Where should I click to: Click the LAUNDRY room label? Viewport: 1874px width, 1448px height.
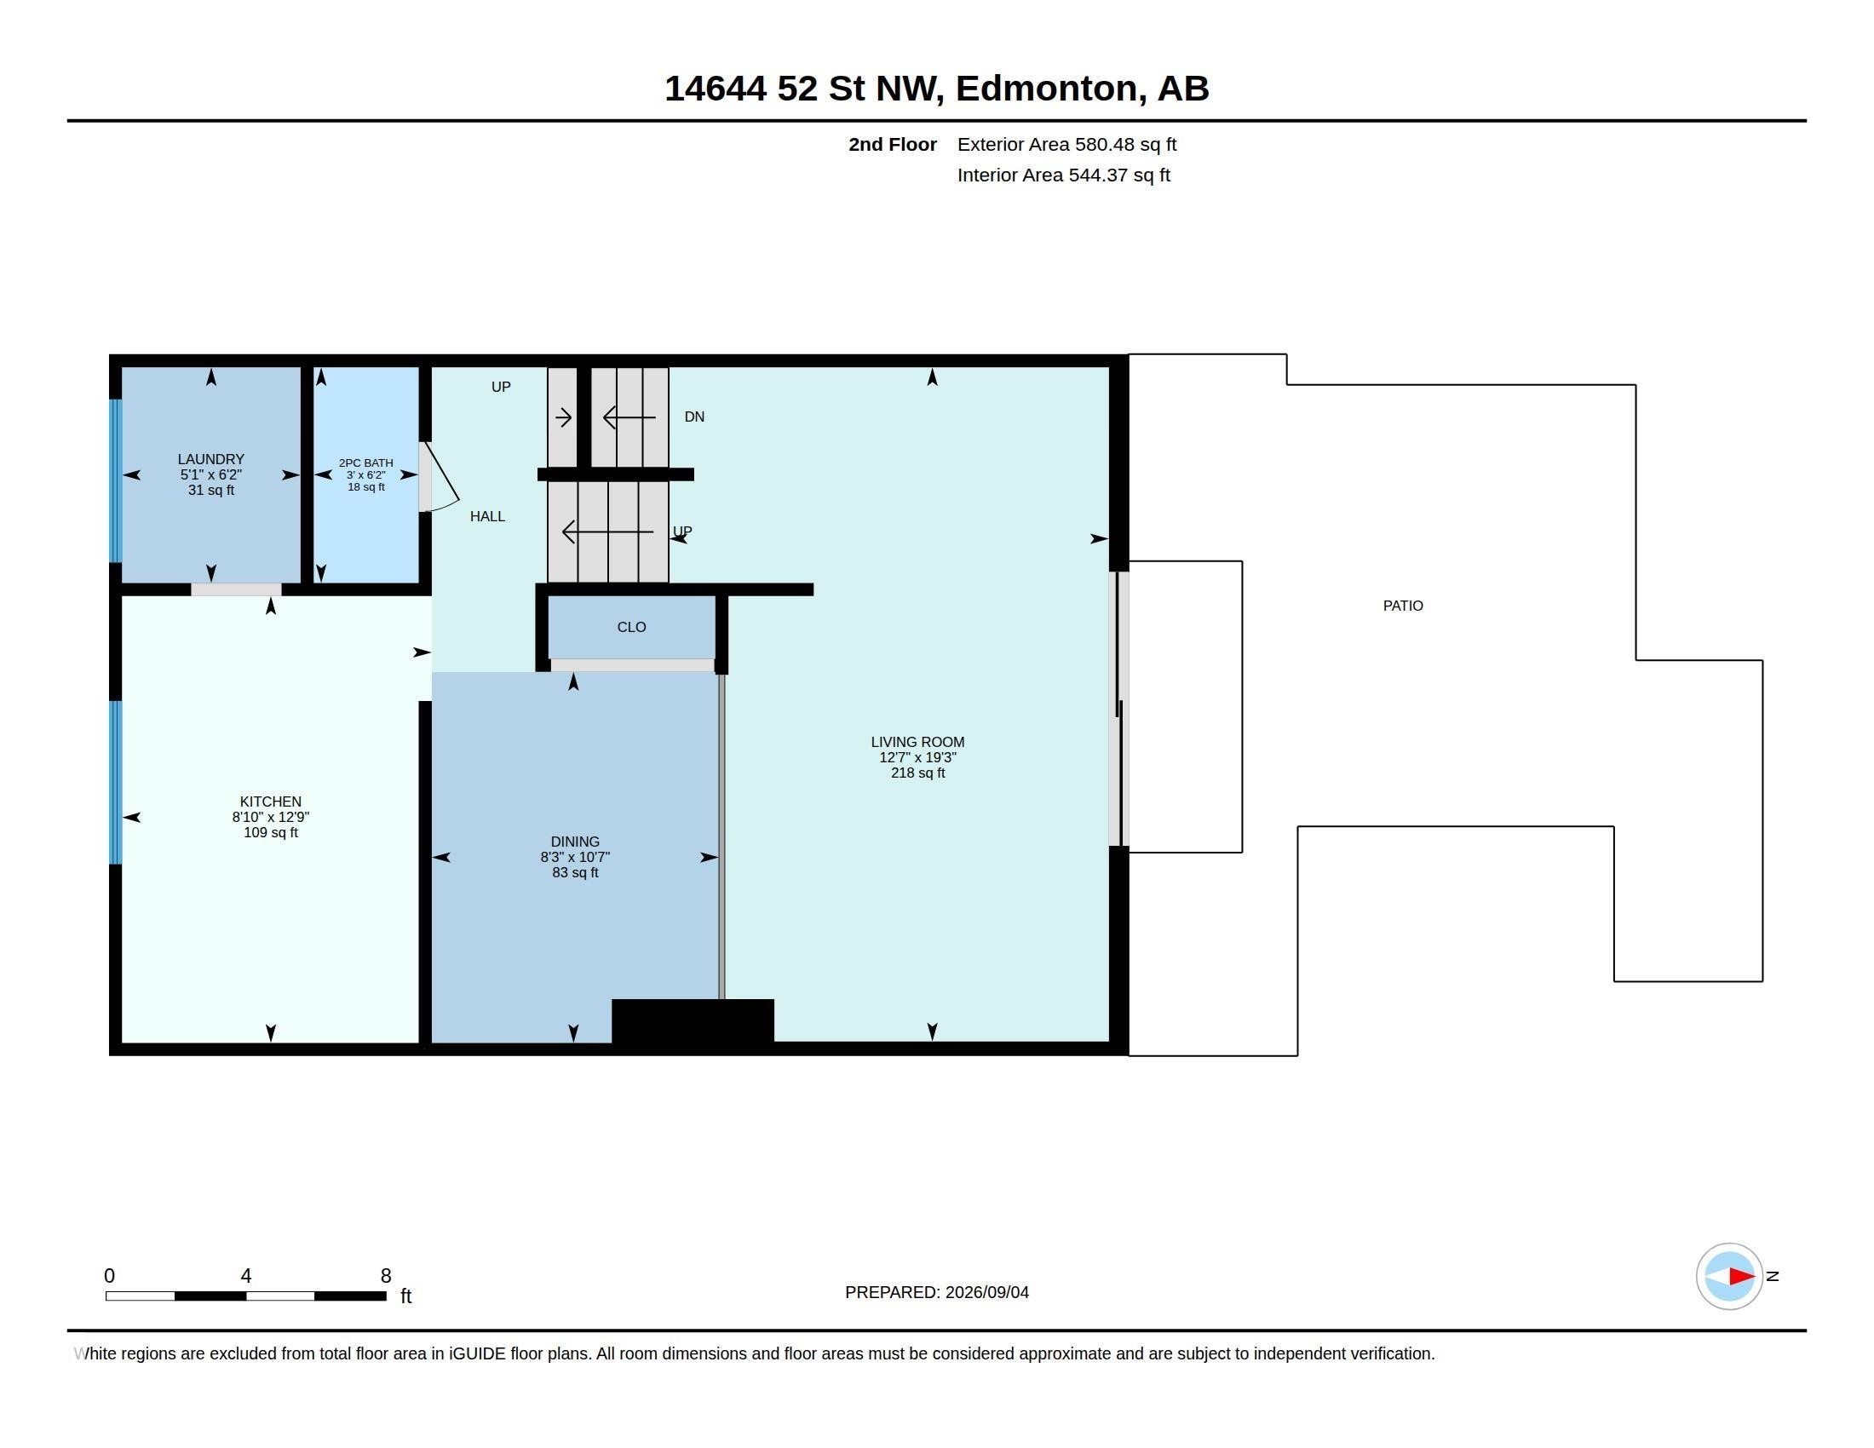click(211, 460)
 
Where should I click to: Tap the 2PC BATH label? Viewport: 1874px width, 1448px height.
click(365, 463)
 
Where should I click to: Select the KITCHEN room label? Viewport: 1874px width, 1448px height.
click(270, 802)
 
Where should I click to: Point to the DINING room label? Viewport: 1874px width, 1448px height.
click(575, 842)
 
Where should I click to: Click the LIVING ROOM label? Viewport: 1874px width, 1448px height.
click(917, 743)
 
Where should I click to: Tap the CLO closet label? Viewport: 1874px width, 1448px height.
click(631, 628)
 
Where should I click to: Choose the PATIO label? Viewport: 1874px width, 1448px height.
click(1403, 606)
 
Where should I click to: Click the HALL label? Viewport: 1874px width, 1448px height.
click(487, 517)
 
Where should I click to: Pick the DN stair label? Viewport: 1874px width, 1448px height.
click(694, 417)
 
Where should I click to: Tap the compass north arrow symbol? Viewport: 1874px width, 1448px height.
click(1729, 1277)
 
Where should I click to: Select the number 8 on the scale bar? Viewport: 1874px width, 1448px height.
click(386, 1277)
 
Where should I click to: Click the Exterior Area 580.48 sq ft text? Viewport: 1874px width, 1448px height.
click(1066, 145)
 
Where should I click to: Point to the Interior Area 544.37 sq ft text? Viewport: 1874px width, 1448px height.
click(1063, 175)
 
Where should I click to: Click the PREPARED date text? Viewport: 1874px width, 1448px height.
click(936, 1293)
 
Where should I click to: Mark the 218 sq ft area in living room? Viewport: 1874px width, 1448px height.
click(917, 773)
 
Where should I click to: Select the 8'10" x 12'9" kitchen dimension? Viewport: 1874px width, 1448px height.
click(270, 818)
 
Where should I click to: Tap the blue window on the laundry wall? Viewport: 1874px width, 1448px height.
click(116, 480)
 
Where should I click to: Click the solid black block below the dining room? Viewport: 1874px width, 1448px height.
click(693, 1021)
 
